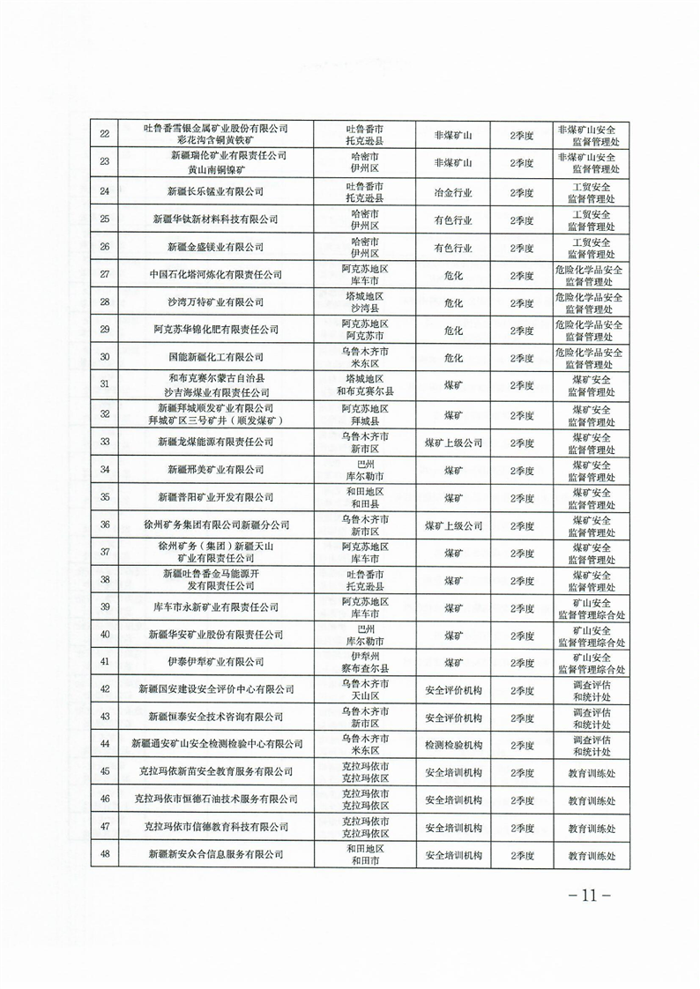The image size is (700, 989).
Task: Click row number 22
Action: click(x=107, y=135)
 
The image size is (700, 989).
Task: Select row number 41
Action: click(x=107, y=661)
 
